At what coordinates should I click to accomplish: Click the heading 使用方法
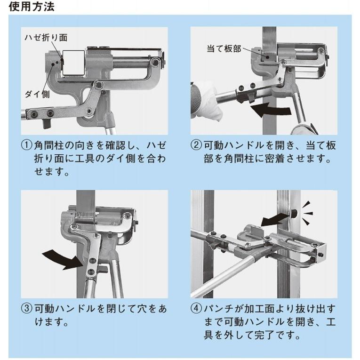(32, 7)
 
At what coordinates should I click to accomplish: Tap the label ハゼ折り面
(46, 38)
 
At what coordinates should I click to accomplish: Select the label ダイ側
(37, 94)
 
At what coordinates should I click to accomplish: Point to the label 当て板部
(224, 49)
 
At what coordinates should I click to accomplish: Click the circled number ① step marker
(27, 145)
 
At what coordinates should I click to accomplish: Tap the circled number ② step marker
(196, 145)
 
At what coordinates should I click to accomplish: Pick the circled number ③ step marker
(27, 308)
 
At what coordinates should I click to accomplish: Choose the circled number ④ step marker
(196, 308)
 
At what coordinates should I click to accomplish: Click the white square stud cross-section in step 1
(74, 63)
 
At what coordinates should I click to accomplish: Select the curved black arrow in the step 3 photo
(63, 259)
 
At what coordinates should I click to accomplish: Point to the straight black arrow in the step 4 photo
(275, 220)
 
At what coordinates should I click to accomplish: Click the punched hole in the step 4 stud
(294, 214)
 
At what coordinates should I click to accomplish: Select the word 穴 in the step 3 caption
(142, 309)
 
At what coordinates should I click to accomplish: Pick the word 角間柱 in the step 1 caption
(49, 145)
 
